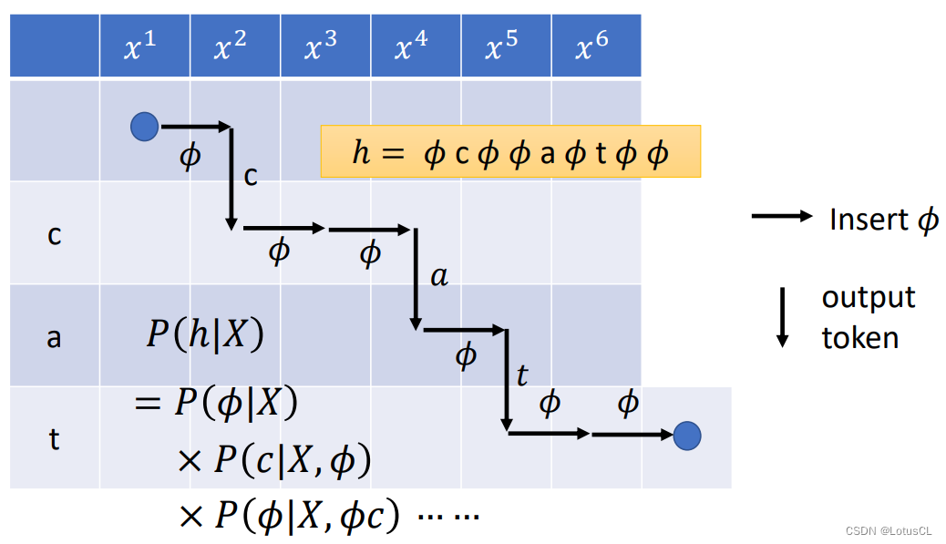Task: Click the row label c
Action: coord(54,235)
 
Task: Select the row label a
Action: coord(54,337)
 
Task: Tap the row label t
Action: coord(54,439)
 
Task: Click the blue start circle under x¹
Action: coord(144,127)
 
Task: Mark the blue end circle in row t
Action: coord(687,436)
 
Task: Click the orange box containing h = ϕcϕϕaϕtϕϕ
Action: coord(510,151)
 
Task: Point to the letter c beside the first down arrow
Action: coord(251,174)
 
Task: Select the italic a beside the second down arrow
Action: coord(439,275)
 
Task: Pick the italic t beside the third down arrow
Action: coord(521,375)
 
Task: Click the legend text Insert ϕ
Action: coord(883,220)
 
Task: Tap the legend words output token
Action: coord(867,318)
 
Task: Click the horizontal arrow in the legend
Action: coord(781,217)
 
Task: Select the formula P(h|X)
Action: coord(205,335)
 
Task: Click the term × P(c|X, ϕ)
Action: coord(274,461)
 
